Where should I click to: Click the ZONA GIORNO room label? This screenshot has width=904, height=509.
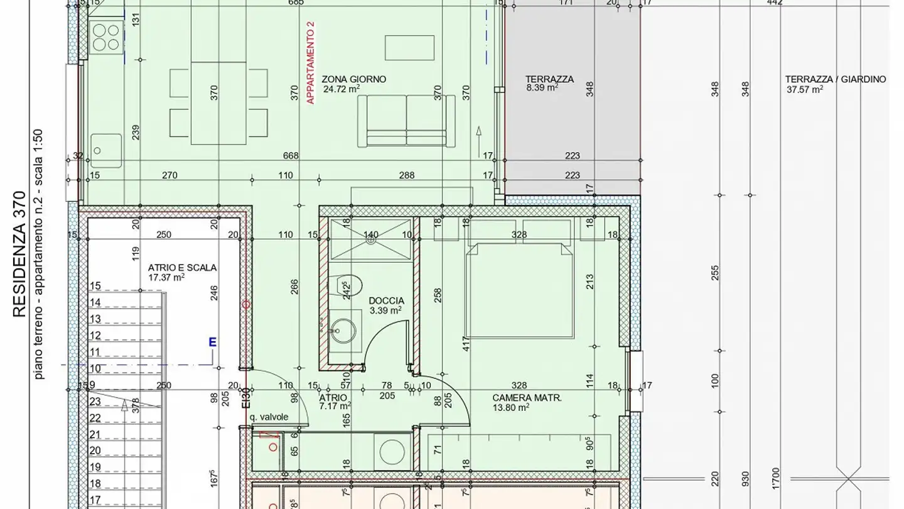coord(353,80)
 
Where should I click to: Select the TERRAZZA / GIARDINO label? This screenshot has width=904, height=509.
coord(835,80)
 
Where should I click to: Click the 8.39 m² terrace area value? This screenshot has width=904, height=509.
coord(542,89)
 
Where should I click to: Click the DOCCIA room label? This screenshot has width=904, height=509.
coord(386,301)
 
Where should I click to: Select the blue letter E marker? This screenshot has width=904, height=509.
coord(212,342)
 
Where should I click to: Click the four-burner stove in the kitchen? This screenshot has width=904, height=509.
coord(105,37)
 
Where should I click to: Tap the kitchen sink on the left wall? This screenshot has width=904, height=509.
coord(105,150)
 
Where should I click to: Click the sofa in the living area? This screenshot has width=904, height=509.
coord(406,121)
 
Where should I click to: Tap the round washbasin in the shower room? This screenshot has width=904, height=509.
coord(343,330)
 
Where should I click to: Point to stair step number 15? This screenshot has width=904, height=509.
coord(95,287)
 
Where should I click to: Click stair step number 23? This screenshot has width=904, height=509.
coord(95,402)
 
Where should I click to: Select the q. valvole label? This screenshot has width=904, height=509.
coord(269,417)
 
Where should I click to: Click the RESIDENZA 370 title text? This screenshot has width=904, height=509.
coord(20,255)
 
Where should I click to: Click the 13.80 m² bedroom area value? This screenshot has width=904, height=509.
coord(510,407)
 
